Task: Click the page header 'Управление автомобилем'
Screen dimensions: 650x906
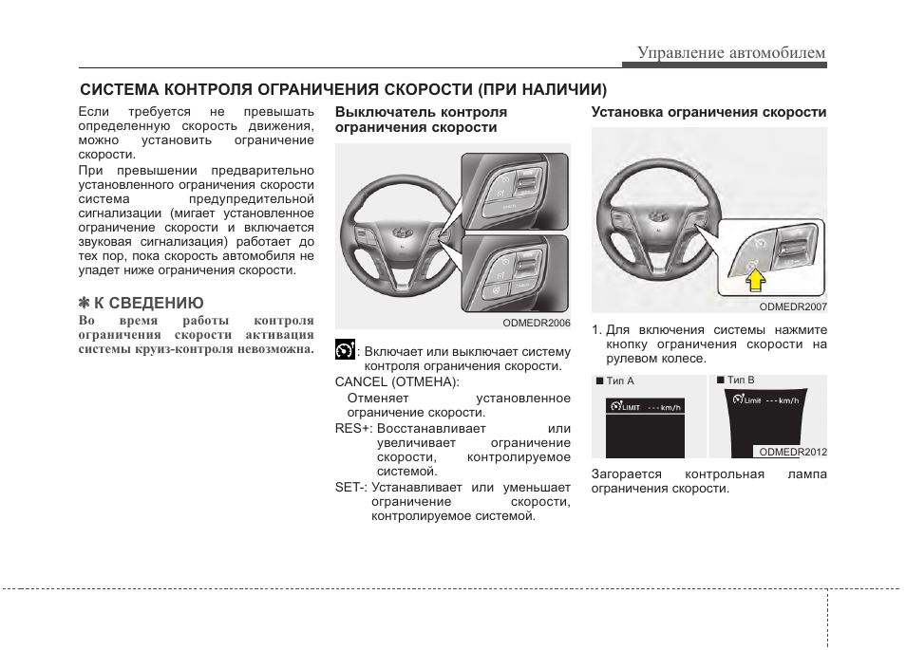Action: (730, 52)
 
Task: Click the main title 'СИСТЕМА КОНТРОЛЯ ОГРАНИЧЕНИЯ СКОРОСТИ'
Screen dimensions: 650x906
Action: (343, 90)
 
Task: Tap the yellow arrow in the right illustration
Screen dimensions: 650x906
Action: (753, 279)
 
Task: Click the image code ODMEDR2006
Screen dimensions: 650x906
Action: (537, 323)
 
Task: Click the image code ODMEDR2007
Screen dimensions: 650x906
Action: (793, 306)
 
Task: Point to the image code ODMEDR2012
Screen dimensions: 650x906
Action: (793, 452)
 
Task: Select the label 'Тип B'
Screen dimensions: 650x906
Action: (740, 381)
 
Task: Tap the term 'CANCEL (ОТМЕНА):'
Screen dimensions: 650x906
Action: (397, 381)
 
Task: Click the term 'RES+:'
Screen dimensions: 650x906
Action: (353, 428)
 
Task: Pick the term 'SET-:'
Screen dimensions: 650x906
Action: (350, 488)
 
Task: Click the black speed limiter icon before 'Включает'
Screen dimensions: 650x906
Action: (345, 350)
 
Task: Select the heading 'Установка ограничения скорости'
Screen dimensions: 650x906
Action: (708, 112)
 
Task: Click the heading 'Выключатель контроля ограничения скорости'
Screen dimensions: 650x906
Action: (421, 120)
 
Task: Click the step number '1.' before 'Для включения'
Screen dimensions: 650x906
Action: (597, 330)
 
